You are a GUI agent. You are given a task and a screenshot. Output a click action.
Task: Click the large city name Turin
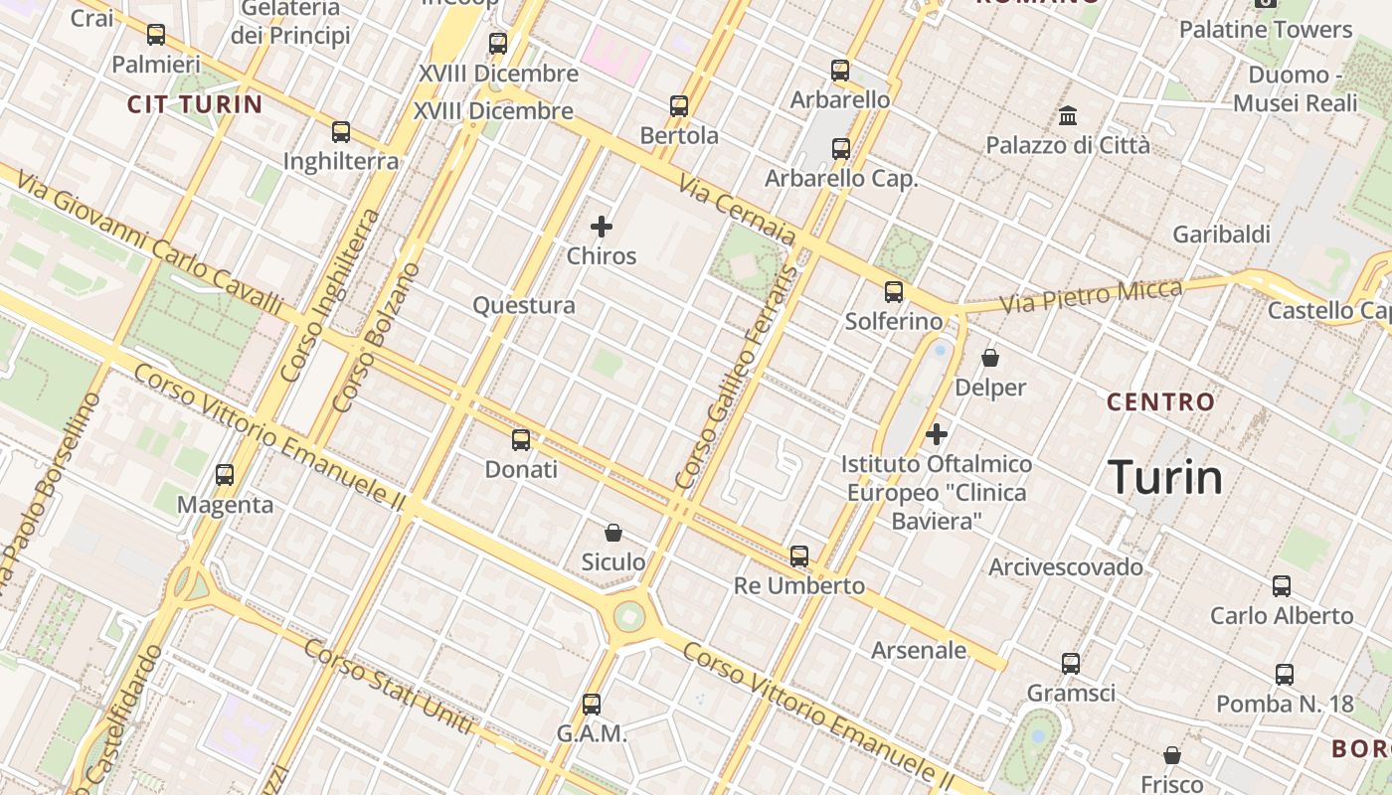1165,478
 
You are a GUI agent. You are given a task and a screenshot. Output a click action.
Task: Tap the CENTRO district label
1160,402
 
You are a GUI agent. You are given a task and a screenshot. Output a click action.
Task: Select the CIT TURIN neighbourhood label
195,104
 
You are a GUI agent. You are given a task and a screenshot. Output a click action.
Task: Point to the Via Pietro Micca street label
1091,296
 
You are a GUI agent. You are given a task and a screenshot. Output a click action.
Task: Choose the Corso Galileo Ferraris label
736,378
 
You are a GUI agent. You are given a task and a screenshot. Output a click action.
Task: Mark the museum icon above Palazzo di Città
1068,116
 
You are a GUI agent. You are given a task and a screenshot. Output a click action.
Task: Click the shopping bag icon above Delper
990,358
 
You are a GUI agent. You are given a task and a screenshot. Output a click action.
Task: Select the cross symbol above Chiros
602,227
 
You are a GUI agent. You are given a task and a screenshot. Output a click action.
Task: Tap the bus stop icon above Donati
521,439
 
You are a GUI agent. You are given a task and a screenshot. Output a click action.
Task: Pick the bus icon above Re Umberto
799,556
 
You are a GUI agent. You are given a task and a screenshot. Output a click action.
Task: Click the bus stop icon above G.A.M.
592,705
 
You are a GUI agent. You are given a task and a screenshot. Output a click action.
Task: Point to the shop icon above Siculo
613,534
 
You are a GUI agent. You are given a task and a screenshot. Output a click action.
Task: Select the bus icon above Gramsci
1071,663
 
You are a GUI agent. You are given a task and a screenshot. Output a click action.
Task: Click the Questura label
524,305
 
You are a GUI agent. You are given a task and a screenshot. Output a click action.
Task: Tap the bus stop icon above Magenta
225,475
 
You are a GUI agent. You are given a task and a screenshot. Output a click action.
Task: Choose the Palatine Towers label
1266,30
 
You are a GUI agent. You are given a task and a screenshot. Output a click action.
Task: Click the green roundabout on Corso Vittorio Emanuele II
629,616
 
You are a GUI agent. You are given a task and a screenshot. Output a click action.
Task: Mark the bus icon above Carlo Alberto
1282,586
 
